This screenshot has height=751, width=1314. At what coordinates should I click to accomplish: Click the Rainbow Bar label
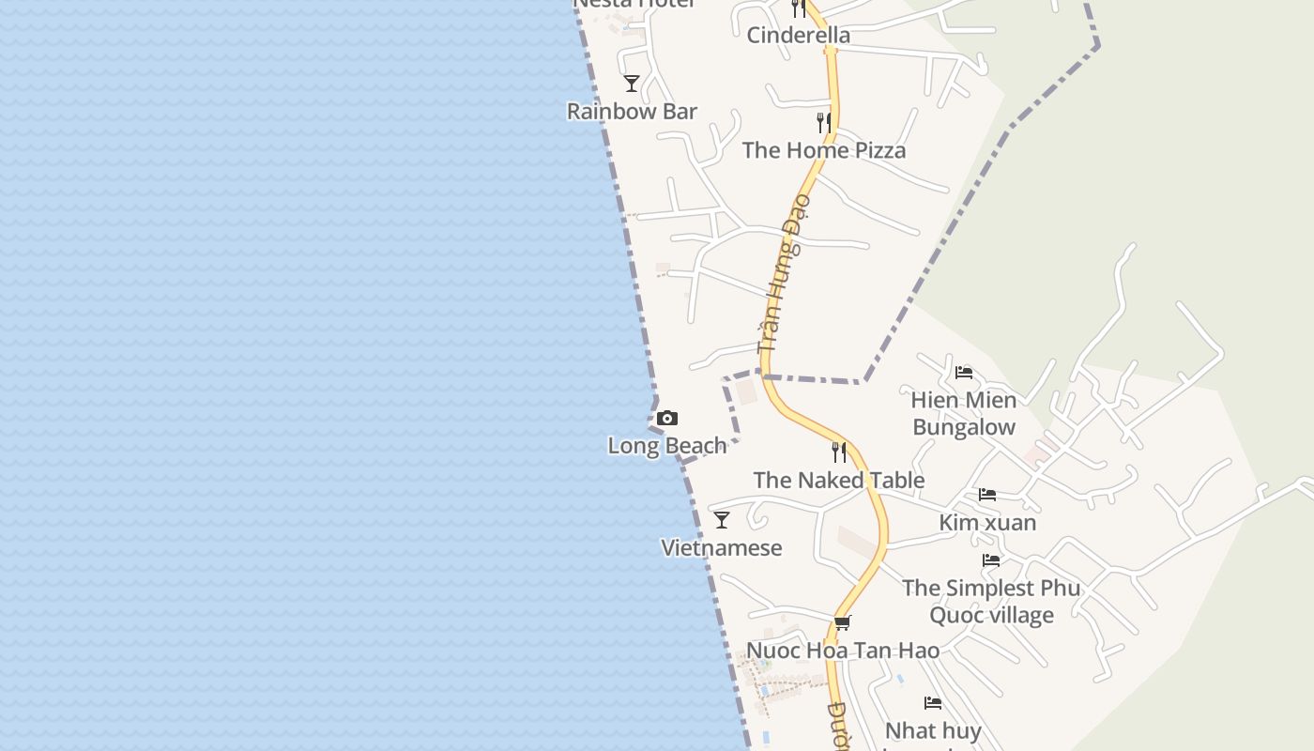(632, 111)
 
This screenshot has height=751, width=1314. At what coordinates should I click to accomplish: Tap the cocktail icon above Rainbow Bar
(632, 84)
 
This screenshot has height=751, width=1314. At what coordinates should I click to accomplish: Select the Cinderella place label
(799, 36)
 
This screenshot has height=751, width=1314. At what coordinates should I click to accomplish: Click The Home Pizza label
(824, 150)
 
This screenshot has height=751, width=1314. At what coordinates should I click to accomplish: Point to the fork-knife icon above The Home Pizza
(823, 123)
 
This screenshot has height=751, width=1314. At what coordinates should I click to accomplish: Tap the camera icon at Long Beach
(667, 419)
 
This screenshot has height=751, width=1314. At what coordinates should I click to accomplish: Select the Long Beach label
(667, 445)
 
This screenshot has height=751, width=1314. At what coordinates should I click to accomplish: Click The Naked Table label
(839, 480)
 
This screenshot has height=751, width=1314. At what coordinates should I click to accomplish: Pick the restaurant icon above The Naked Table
(839, 452)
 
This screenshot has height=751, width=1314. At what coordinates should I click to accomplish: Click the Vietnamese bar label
(722, 547)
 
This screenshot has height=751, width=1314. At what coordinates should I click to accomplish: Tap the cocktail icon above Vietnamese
(722, 520)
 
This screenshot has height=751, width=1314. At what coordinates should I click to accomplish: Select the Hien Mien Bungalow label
(964, 413)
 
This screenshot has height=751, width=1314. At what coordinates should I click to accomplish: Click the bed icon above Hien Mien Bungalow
(964, 373)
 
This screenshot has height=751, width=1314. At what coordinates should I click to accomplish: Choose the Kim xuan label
(987, 522)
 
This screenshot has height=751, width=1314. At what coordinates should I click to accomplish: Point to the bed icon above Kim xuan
(987, 495)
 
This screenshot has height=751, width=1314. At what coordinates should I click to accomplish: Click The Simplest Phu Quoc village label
(991, 601)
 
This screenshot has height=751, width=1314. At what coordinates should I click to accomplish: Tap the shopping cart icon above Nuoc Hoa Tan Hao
(843, 622)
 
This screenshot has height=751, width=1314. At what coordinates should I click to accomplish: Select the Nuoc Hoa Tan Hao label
(843, 650)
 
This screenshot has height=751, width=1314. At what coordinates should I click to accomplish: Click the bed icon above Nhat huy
(933, 703)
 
